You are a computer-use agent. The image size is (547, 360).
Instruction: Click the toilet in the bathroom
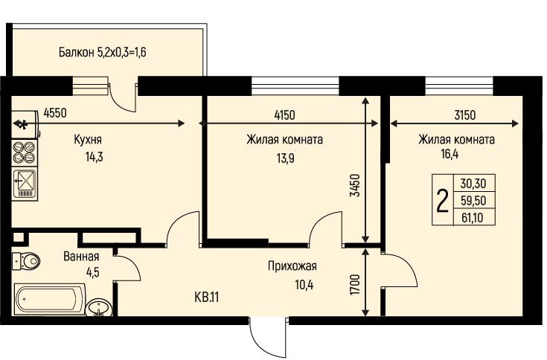26,260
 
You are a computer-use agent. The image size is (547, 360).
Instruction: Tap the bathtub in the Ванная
50,299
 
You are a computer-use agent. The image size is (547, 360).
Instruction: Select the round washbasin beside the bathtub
99,307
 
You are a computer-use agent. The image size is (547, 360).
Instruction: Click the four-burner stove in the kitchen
25,152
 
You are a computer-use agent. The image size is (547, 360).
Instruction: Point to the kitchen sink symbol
25,184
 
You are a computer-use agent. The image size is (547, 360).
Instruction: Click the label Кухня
88,140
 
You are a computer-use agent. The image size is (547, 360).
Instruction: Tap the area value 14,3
95,157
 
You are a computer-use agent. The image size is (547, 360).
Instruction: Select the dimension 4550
55,113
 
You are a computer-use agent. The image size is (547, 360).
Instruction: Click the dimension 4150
284,115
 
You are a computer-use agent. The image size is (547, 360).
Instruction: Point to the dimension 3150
465,115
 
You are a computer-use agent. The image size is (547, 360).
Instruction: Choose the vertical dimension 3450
355,185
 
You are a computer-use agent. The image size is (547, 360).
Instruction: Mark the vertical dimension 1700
355,285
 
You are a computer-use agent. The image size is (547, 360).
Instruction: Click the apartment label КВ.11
207,298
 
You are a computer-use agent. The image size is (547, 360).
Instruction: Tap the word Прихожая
292,266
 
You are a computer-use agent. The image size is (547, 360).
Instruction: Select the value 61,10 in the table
473,218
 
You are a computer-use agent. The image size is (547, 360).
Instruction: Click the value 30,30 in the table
473,183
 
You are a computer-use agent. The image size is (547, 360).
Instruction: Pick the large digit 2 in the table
442,200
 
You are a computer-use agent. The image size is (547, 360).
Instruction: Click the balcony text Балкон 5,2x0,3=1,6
102,52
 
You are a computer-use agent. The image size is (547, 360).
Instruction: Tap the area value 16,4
450,154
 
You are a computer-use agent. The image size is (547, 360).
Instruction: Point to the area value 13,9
285,158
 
